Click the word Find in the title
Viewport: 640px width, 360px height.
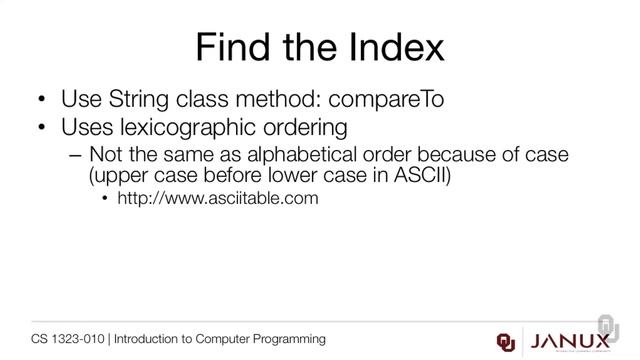point(227,47)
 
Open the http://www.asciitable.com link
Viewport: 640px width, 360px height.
point(217,199)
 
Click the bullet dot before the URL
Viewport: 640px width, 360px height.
point(105,199)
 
